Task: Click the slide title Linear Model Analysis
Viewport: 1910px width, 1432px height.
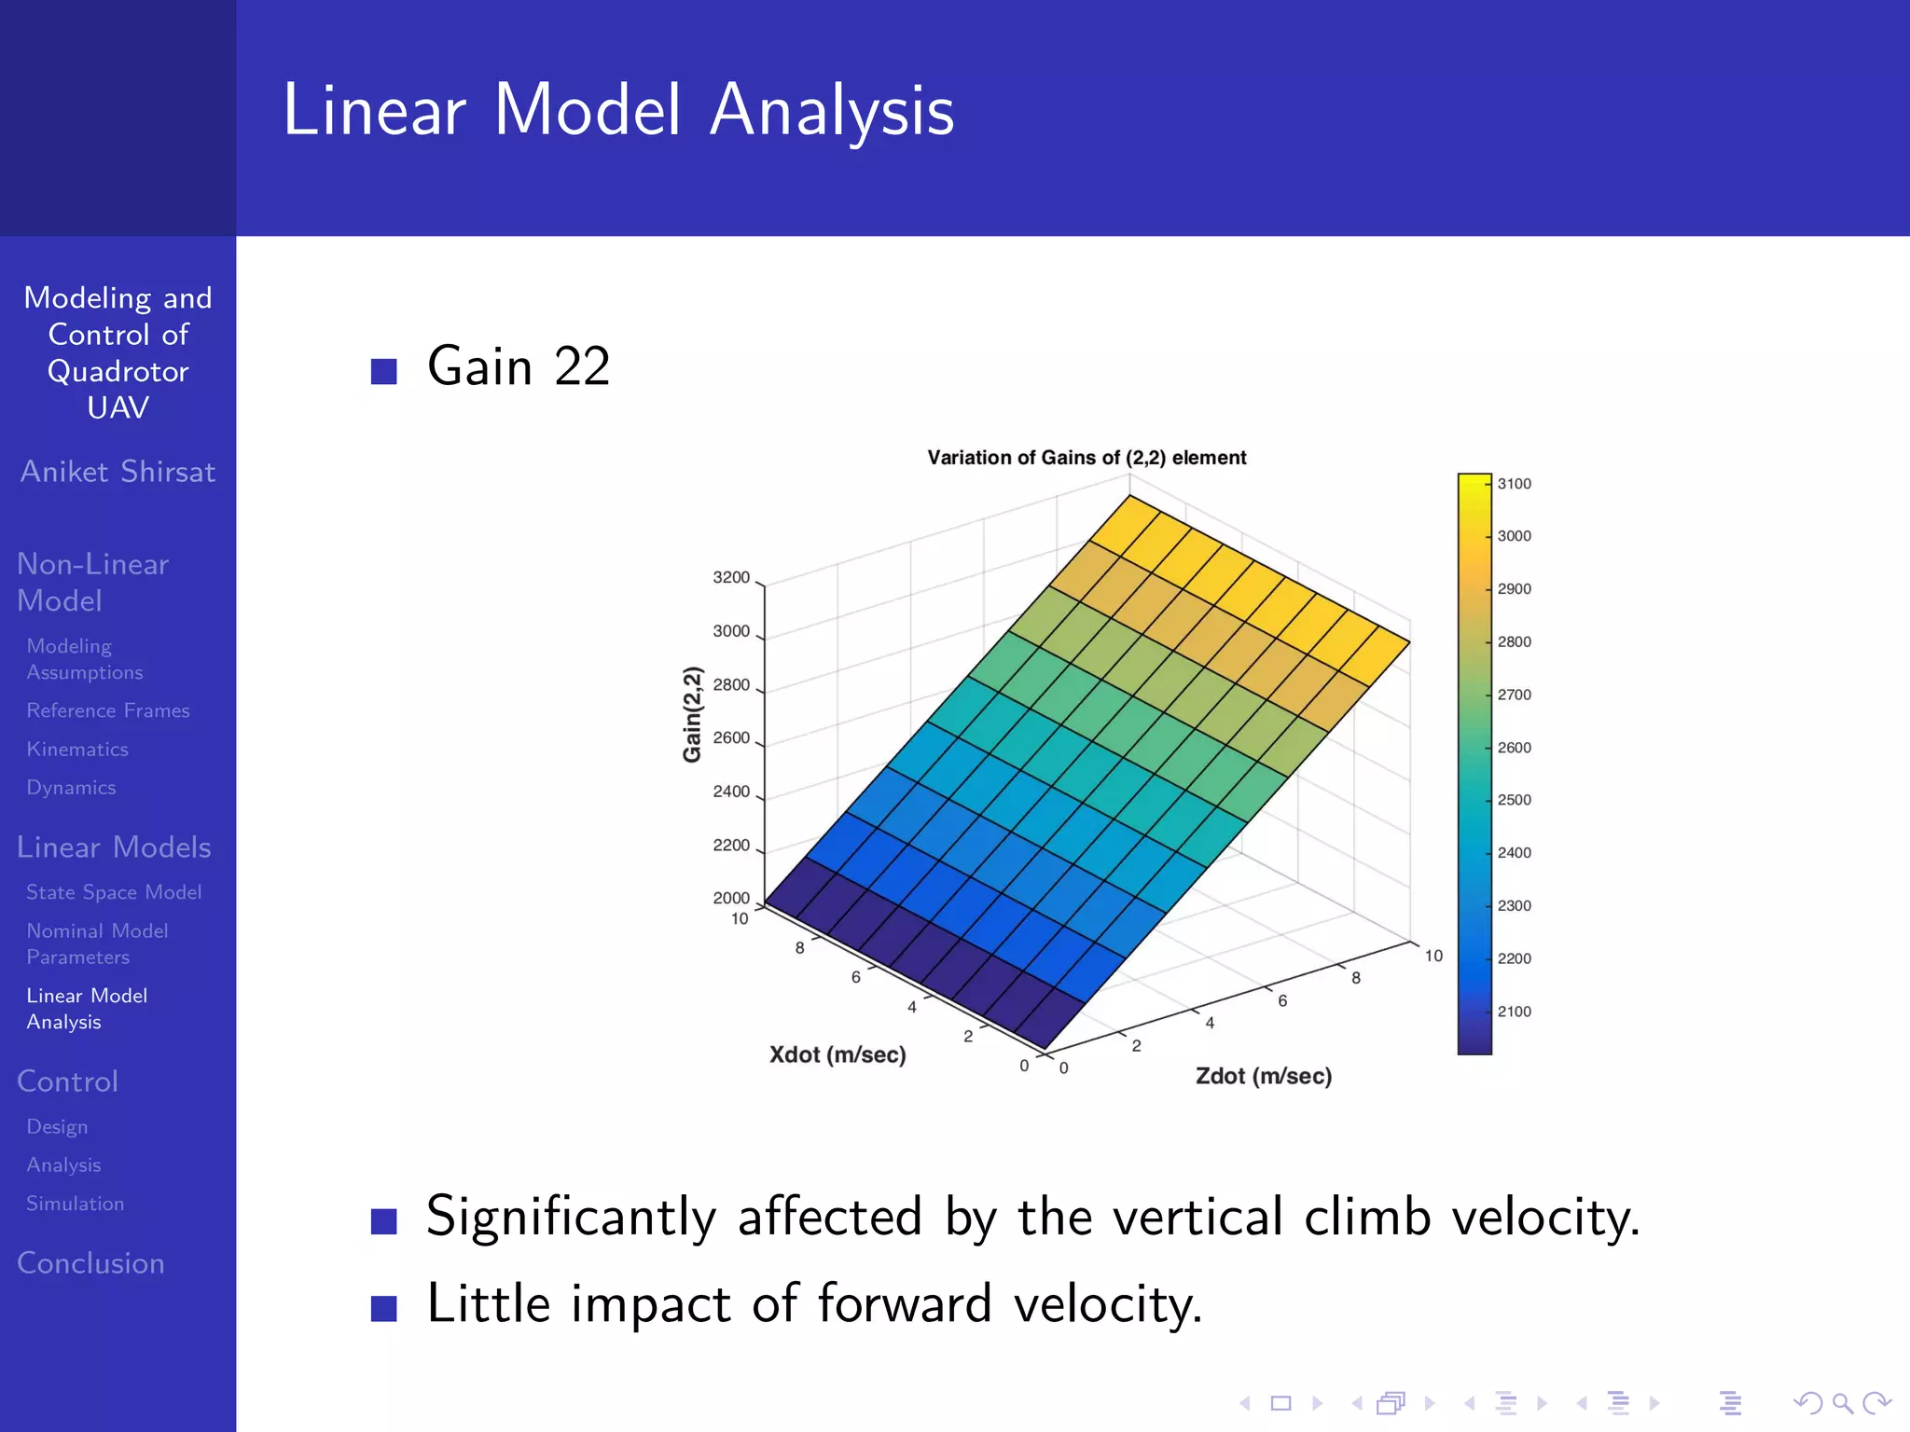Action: pos(618,110)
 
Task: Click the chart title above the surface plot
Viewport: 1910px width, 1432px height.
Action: pos(1086,458)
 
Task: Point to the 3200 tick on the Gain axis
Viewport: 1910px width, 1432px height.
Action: pos(731,578)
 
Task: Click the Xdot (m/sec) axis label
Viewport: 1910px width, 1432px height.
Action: pos(837,1054)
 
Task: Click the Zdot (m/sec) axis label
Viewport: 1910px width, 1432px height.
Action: pos(1263,1076)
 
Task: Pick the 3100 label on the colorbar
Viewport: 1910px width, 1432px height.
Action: pos(1514,484)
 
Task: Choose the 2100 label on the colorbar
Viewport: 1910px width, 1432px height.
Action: pos(1514,1012)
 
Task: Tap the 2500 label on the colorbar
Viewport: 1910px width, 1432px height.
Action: pos(1514,800)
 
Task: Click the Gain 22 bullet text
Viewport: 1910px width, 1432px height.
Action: pos(518,366)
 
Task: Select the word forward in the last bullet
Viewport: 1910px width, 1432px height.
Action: pos(904,1303)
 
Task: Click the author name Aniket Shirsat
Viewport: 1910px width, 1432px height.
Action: pos(118,472)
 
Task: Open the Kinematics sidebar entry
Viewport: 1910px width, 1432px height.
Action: pos(77,750)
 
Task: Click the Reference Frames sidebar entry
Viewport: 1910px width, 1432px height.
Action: pos(108,710)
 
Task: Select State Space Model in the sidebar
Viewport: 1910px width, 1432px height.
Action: pos(114,892)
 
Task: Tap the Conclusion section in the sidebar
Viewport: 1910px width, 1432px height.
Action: pos(90,1263)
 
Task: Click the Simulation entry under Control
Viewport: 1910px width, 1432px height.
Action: pos(75,1204)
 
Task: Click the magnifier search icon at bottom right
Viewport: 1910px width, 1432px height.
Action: pos(1842,1403)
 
